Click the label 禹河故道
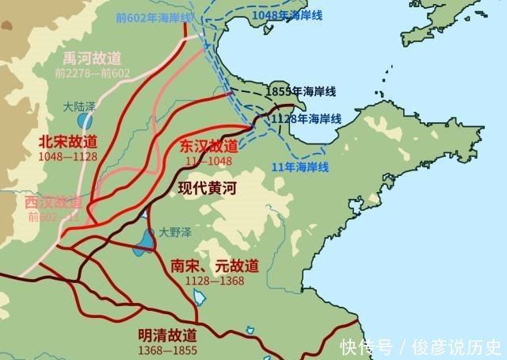tap(93, 59)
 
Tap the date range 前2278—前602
tap(92, 73)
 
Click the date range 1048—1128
tap(68, 156)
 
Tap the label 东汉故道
tap(208, 146)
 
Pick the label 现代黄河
tap(208, 189)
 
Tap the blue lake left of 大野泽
tap(146, 240)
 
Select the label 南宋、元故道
tap(214, 266)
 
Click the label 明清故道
tap(168, 335)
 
